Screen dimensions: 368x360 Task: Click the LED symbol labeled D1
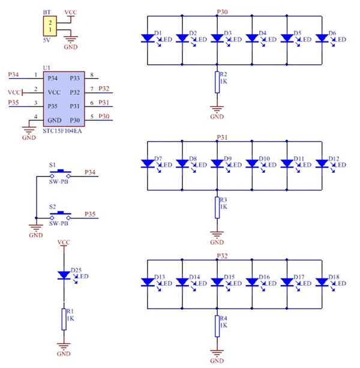[147, 38]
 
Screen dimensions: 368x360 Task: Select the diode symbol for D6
[322, 38]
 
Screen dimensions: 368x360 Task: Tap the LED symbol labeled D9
[217, 163]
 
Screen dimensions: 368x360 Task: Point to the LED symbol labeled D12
[322, 163]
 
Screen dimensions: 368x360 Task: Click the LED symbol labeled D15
[217, 282]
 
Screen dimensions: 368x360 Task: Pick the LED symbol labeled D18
[322, 282]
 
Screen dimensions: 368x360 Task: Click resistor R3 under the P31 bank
[217, 207]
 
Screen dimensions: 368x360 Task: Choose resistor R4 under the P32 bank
[217, 325]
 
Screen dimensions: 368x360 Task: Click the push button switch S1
[59, 175]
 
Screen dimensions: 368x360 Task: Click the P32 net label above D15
[221, 255]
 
